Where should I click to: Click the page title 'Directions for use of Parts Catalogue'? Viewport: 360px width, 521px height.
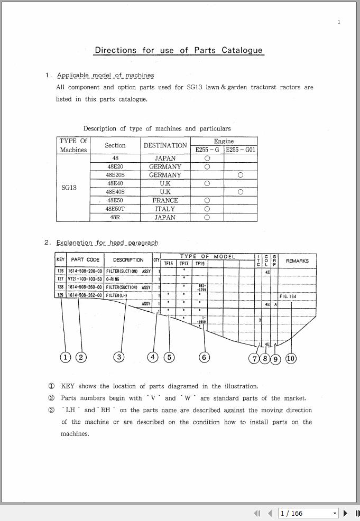pyautogui.click(x=179, y=51)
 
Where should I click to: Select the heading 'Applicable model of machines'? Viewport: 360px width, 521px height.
pyautogui.click(x=105, y=76)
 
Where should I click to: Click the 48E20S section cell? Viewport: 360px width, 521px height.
pyautogui.click(x=115, y=175)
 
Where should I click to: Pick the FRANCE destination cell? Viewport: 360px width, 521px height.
pyautogui.click(x=165, y=200)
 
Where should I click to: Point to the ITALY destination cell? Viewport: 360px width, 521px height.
pyautogui.click(x=165, y=209)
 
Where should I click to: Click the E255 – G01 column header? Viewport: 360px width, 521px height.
pyautogui.click(x=241, y=150)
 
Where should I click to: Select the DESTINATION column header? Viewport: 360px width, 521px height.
pyautogui.click(x=165, y=145)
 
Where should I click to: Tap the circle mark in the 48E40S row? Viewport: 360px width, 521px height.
pyautogui.click(x=241, y=192)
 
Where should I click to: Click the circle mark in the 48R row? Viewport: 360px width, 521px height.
pyautogui.click(x=207, y=217)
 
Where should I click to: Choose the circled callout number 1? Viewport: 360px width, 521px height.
pyautogui.click(x=66, y=357)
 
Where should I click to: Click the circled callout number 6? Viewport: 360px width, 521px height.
pyautogui.click(x=204, y=357)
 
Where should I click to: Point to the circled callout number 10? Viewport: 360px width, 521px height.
pyautogui.click(x=291, y=358)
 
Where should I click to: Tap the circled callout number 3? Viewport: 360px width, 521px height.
pyautogui.click(x=119, y=357)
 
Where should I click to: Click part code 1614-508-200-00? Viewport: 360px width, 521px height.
pyautogui.click(x=85, y=271)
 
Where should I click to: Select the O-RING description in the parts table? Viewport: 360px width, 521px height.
pyautogui.click(x=114, y=279)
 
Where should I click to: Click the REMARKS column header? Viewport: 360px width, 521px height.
pyautogui.click(x=297, y=261)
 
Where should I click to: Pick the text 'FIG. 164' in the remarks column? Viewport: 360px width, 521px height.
pyautogui.click(x=288, y=296)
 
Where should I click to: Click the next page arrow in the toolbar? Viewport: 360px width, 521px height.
pyautogui.click(x=346, y=513)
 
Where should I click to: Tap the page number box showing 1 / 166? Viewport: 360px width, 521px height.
pyautogui.click(x=308, y=513)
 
